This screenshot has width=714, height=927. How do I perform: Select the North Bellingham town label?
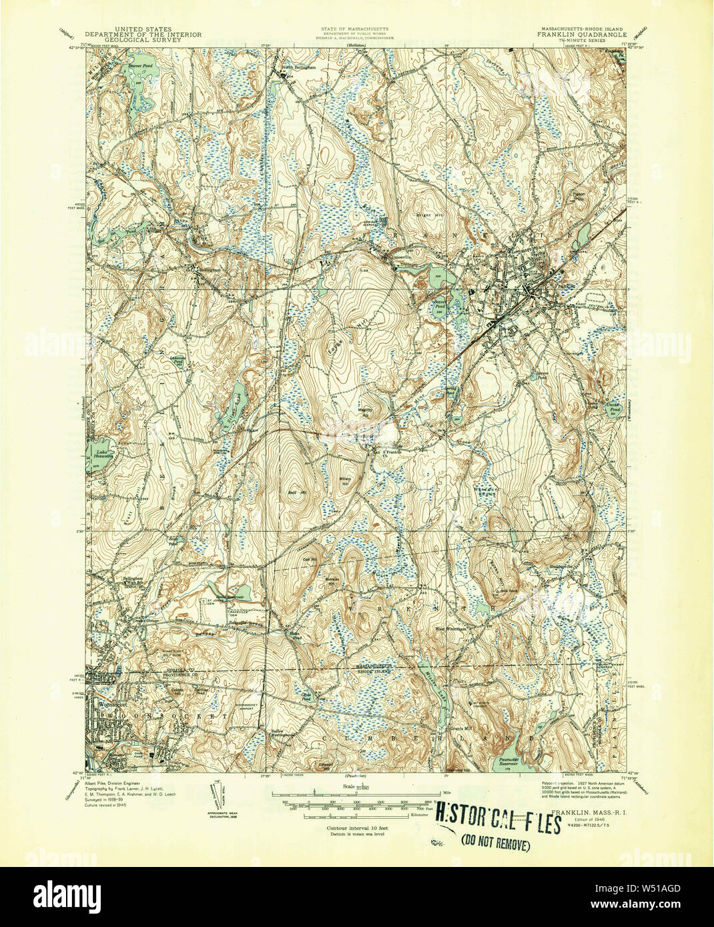tap(297, 67)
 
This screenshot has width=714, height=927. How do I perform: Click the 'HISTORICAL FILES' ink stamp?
tap(497, 824)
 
